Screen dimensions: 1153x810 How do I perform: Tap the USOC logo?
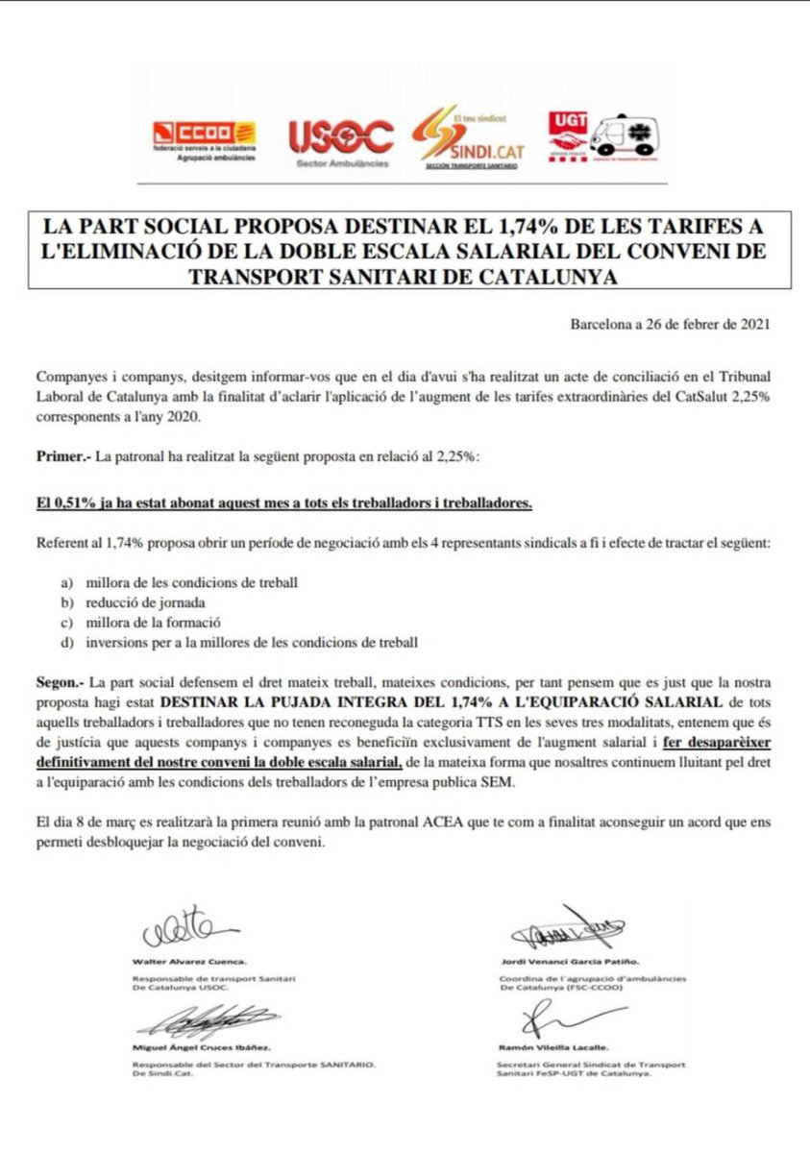click(340, 140)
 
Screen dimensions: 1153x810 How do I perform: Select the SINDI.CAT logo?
click(470, 140)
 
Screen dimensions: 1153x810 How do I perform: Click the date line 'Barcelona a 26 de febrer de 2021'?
click(669, 324)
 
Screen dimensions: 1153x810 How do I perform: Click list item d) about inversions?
click(252, 643)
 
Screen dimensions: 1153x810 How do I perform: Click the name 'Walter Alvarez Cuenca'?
click(188, 961)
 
